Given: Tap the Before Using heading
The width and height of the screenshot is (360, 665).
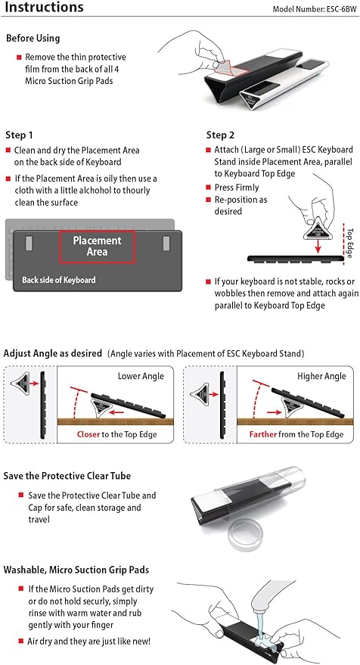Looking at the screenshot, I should click(x=33, y=38).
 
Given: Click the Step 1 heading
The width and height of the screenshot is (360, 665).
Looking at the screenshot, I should click(x=19, y=135).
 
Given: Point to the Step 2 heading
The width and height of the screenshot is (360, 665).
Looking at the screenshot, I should click(x=220, y=135).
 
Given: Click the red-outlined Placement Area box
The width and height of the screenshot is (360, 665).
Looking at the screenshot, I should click(x=97, y=246).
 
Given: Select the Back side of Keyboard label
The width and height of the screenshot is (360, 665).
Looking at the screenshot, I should click(x=59, y=280).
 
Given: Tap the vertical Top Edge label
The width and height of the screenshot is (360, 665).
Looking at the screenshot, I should click(x=349, y=241).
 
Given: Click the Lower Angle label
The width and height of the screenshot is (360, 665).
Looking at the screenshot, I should click(x=141, y=376).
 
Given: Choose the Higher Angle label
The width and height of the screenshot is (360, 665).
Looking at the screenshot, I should click(x=321, y=376).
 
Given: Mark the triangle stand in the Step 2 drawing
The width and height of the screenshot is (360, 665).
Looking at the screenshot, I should click(x=312, y=225).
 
